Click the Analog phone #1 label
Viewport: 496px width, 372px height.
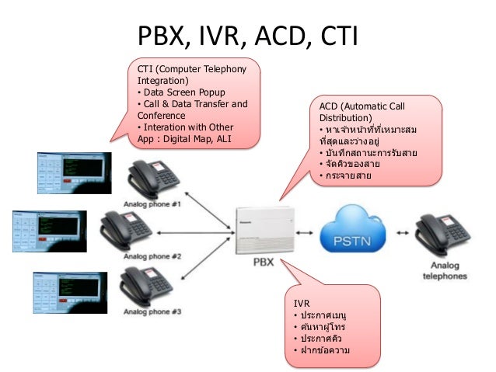click(152, 205)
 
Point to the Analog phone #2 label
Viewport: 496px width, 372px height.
click(152, 256)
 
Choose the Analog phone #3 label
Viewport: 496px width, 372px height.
click(152, 311)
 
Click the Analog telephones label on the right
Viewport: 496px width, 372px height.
click(445, 269)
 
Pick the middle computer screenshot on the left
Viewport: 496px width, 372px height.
click(48, 230)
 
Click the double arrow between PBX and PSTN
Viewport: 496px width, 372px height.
click(306, 231)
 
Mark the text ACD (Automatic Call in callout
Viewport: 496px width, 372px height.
click(362, 105)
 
